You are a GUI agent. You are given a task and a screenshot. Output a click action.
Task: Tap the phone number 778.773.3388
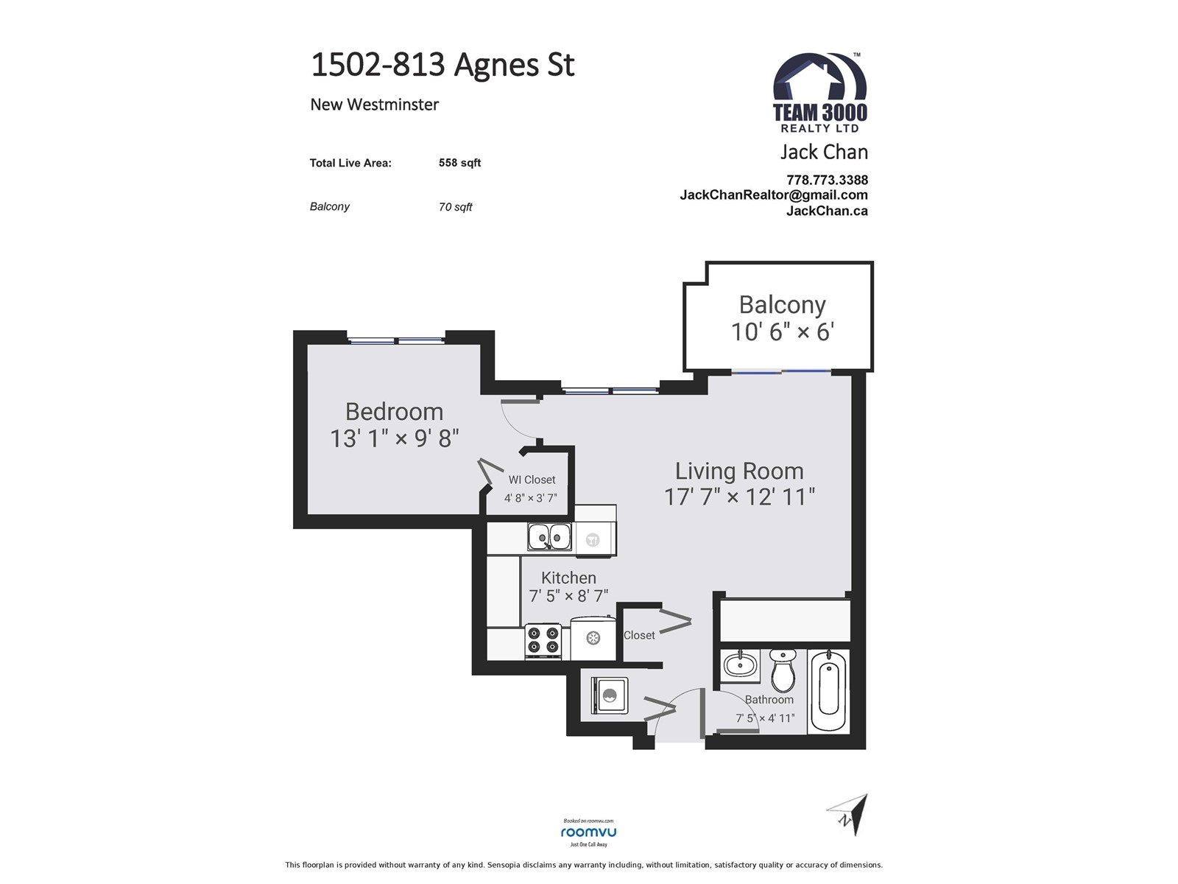827,180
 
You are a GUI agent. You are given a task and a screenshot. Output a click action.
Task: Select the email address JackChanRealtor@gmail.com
773,194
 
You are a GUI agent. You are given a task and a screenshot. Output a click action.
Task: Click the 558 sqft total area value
459,163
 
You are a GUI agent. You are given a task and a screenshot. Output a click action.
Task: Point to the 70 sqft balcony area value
455,207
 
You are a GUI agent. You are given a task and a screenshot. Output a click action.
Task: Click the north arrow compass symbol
848,814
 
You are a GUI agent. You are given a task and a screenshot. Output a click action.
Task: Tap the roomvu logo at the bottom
588,832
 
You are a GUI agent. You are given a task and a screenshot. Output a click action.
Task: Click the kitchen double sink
549,537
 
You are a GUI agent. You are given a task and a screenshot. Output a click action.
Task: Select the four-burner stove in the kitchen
543,641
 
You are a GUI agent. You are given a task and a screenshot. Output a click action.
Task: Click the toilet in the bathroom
783,670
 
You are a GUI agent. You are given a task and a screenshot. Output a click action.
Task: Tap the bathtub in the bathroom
829,690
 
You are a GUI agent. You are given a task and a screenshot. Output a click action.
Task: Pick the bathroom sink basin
740,665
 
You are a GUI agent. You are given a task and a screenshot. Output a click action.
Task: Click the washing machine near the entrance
610,695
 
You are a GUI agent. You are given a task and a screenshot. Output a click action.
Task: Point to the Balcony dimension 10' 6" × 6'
783,331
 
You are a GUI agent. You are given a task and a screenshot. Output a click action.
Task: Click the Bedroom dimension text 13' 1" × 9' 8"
395,438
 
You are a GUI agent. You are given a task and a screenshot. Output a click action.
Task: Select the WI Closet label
532,480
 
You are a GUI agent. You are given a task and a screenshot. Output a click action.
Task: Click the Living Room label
739,471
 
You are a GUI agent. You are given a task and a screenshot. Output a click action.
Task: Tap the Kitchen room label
568,578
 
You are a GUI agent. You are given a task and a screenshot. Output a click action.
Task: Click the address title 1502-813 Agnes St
442,65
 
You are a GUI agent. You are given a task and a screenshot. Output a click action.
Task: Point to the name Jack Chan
824,152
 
